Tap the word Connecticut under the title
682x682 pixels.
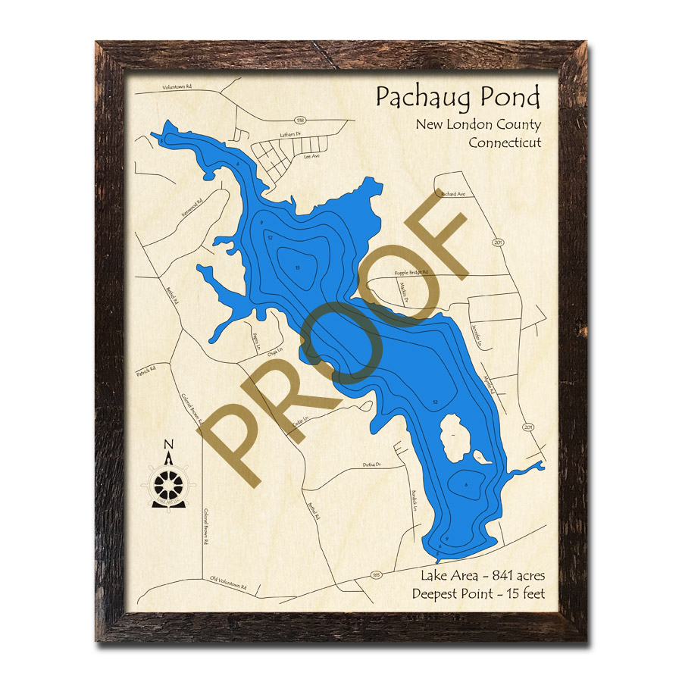coord(505,142)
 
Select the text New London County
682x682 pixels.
coord(477,125)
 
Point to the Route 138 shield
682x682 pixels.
coord(299,120)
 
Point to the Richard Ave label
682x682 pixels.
coord(452,194)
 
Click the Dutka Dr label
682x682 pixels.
coord(371,464)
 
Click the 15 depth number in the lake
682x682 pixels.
coord(298,267)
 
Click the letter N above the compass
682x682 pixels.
coord(168,445)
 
